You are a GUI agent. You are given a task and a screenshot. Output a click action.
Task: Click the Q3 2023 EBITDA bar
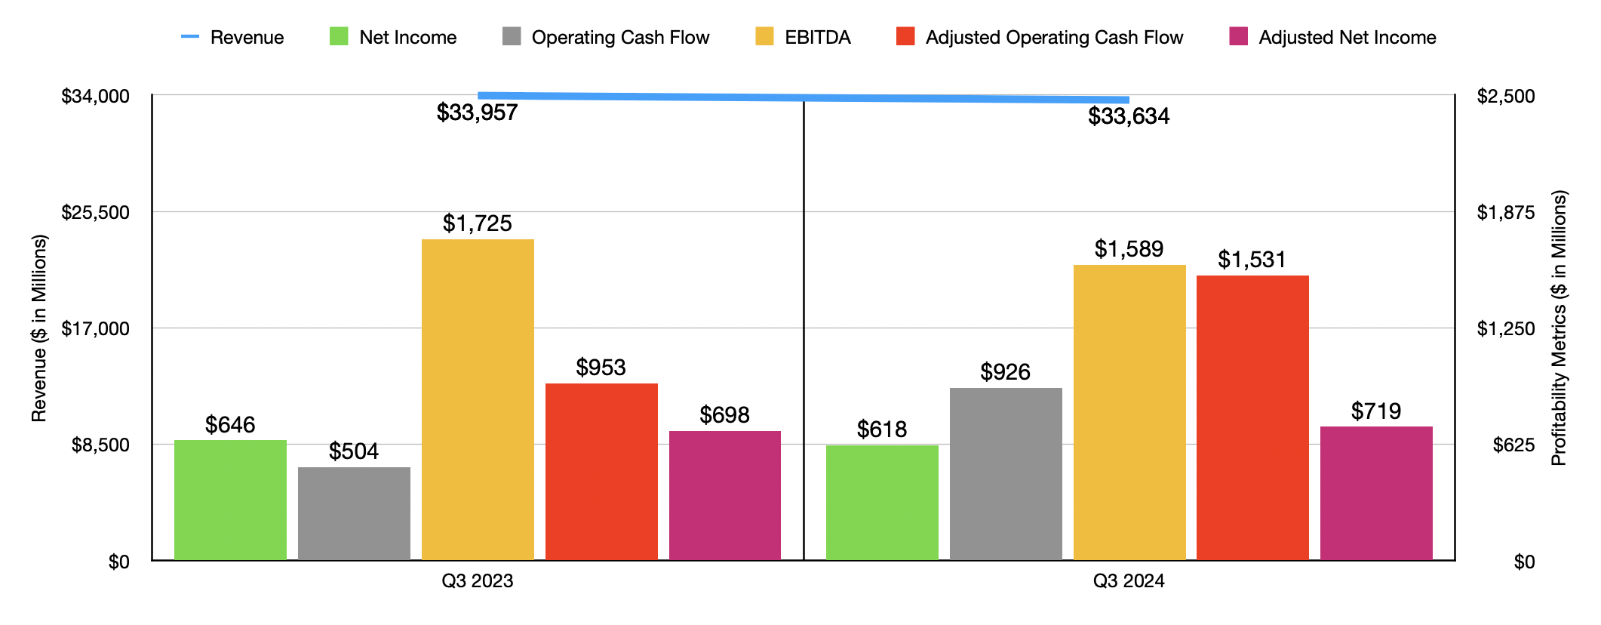coord(478,400)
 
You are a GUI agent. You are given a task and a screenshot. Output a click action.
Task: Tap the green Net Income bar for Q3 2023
coord(230,500)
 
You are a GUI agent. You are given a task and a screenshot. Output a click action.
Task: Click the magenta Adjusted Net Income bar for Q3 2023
coord(724,495)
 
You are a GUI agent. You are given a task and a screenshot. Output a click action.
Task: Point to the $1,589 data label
coord(1129,249)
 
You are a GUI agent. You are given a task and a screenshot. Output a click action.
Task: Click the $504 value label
coord(353,451)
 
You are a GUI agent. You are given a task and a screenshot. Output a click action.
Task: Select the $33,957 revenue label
coord(477,113)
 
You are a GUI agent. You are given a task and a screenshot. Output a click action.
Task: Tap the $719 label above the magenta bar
coord(1375,411)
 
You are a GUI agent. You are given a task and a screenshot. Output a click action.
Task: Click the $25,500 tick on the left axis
coord(96,212)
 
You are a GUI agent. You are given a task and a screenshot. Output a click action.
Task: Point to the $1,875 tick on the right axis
coord(1506,212)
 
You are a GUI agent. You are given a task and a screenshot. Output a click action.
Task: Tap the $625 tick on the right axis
coord(1513,445)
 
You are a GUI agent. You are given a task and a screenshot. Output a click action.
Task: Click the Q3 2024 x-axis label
coord(1129,581)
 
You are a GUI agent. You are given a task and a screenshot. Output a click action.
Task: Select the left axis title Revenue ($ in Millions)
coord(39,328)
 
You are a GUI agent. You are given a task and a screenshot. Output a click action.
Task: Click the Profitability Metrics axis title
coord(1559,328)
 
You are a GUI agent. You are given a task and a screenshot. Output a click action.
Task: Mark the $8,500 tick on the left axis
coord(100,445)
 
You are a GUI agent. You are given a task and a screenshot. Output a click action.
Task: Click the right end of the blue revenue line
coord(1127,100)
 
